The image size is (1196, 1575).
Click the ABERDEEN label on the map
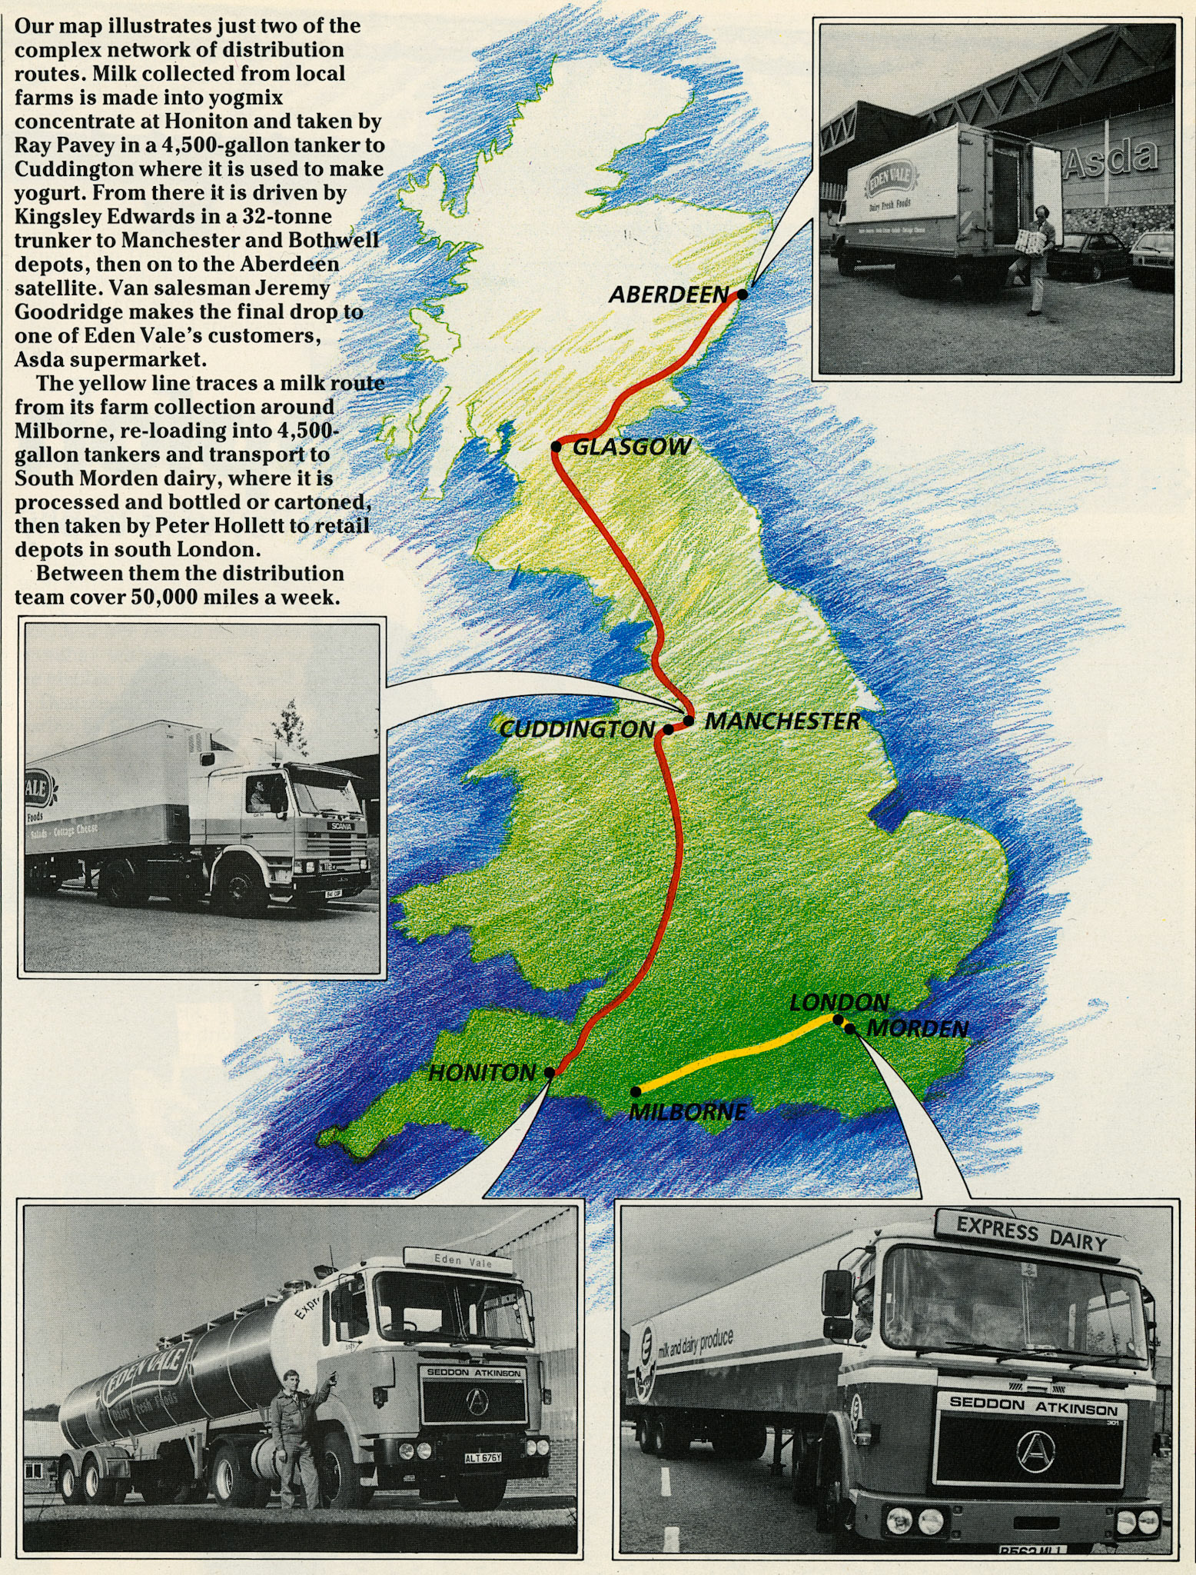pyautogui.click(x=668, y=294)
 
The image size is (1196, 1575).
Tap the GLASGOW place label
pyautogui.click(x=632, y=447)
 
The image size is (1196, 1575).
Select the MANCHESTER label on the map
pyautogui.click(x=782, y=721)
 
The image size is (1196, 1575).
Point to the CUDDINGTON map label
pyautogui.click(x=576, y=729)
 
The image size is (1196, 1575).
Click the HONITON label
pyautogui.click(x=482, y=1073)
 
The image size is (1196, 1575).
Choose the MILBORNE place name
pyautogui.click(x=687, y=1112)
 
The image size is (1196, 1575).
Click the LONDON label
pyautogui.click(x=839, y=1003)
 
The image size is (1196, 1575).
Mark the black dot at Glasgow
pyautogui.click(x=556, y=447)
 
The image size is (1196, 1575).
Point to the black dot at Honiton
pyautogui.click(x=549, y=1072)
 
